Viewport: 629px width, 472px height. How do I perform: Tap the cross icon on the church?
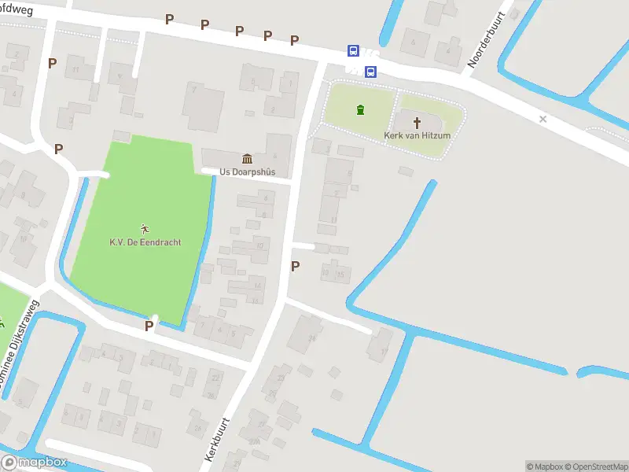click(x=417, y=122)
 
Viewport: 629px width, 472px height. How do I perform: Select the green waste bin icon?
click(x=360, y=109)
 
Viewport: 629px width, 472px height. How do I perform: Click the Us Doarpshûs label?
click(x=247, y=171)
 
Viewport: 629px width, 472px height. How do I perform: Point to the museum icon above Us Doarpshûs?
click(x=247, y=159)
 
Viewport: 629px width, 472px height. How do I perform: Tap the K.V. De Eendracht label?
click(x=145, y=242)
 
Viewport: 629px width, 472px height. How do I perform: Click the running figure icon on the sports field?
click(x=145, y=229)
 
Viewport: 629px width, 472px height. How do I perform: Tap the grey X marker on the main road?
click(x=543, y=119)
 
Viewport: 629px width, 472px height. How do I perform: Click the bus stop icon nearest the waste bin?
click(x=370, y=72)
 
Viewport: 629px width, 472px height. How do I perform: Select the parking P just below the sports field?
click(x=149, y=326)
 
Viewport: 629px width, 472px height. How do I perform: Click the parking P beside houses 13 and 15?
click(x=295, y=267)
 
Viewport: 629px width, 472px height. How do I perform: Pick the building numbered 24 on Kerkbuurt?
click(x=313, y=337)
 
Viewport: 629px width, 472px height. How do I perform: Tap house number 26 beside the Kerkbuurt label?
click(x=198, y=428)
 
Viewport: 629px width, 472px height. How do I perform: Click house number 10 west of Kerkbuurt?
click(x=260, y=246)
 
